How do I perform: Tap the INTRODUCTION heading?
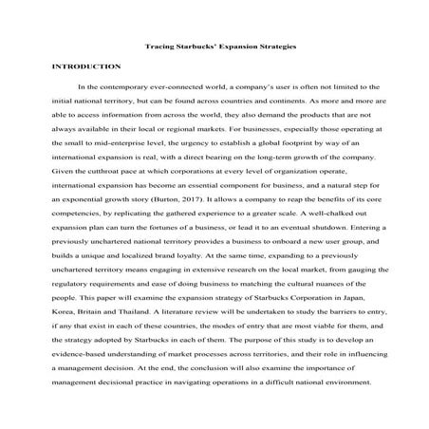[86, 67]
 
